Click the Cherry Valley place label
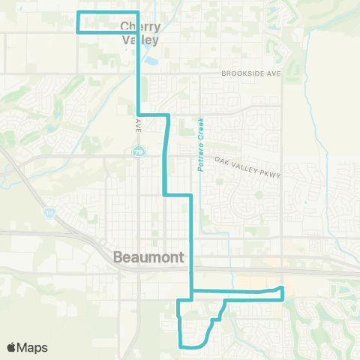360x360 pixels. [139, 34]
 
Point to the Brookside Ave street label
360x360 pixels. [251, 74]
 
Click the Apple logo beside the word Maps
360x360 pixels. [12, 347]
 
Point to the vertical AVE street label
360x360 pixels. [139, 126]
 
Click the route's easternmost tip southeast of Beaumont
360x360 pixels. [283, 289]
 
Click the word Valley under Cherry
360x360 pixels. [139, 40]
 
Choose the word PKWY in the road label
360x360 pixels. [266, 172]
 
